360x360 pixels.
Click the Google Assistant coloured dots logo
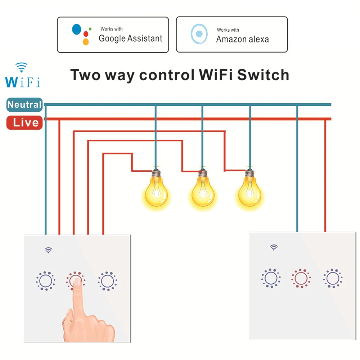coord(82,35)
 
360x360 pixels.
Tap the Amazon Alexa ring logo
coord(199,34)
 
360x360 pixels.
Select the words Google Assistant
coord(130,39)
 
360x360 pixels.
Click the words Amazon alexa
coord(242,39)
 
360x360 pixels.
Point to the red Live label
coord(24,123)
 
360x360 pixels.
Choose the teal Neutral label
coord(24,105)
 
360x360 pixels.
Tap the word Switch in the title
coord(263,75)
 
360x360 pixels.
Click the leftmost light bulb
coord(156,188)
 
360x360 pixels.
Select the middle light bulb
coord(203,188)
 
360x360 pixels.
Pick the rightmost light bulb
coord(250,188)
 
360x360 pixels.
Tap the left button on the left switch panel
coord(45,281)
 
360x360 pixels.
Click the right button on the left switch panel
coord(107,281)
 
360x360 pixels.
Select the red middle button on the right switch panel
coord(301,278)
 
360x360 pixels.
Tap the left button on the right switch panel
coord(271,278)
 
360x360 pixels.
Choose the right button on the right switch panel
coord(333,278)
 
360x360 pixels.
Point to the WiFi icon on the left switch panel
coord(49,250)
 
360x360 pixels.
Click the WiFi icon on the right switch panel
coord(274,247)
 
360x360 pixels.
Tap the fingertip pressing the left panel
coord(77,282)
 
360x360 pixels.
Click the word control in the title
coord(167,75)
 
